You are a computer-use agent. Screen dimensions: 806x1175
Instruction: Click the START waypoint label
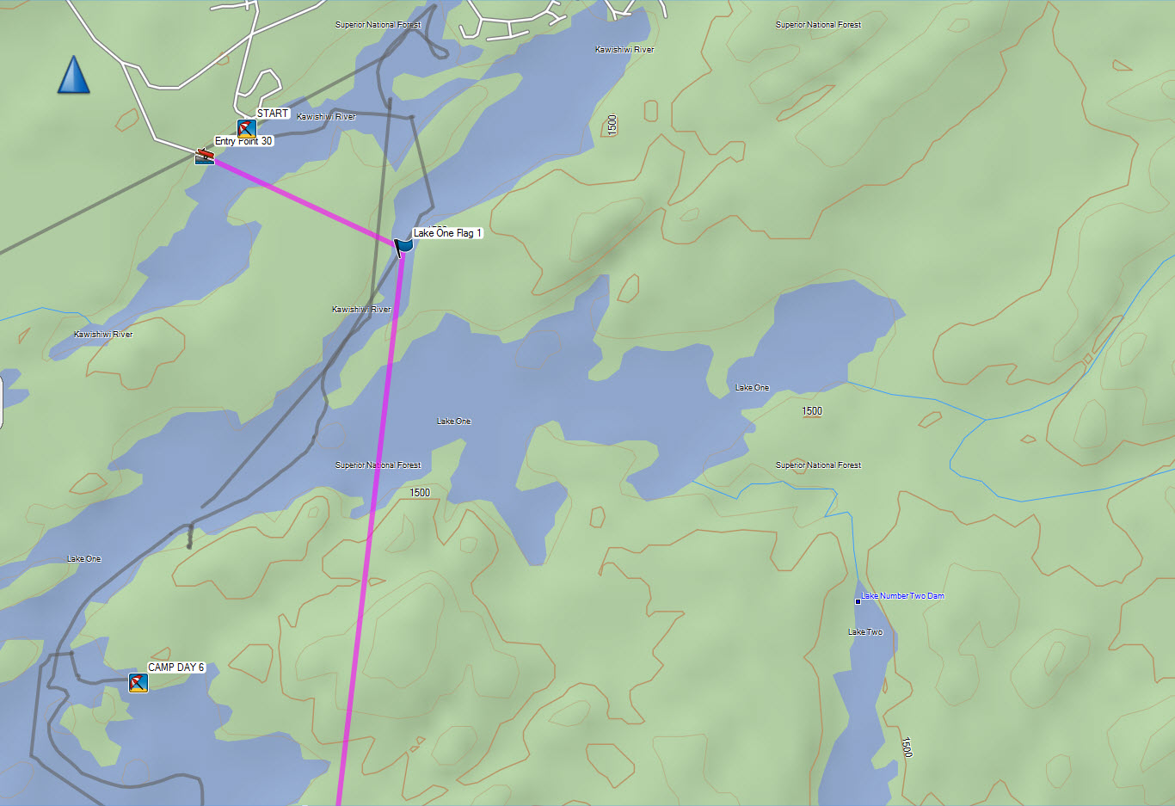point(273,114)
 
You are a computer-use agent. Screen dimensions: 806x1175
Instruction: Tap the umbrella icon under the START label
point(247,129)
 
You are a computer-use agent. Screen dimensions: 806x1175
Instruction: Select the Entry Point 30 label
point(243,141)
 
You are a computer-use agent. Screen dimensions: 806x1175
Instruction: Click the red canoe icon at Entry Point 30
point(204,156)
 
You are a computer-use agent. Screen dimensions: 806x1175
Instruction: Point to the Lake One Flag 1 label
point(447,233)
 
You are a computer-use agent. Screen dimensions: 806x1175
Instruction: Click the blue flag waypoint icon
point(403,247)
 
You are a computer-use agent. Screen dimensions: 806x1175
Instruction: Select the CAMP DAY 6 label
point(176,668)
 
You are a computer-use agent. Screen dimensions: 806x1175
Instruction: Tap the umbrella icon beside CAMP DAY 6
point(138,683)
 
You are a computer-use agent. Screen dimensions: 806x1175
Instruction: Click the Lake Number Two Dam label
point(902,596)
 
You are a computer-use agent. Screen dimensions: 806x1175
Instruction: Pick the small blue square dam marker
point(858,601)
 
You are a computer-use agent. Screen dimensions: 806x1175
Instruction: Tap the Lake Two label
point(865,632)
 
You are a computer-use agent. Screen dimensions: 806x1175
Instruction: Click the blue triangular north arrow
point(74,76)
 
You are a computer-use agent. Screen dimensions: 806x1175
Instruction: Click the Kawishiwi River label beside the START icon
point(326,117)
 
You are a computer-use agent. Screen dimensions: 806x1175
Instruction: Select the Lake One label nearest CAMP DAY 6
point(84,559)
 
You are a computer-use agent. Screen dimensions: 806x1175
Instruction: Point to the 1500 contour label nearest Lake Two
point(907,747)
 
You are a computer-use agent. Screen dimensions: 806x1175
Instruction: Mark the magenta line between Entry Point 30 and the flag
point(301,199)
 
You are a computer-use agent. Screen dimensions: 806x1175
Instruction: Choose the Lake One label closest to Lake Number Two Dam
point(753,388)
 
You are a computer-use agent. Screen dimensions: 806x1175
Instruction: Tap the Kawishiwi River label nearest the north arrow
point(103,335)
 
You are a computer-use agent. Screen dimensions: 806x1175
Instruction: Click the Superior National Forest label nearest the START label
point(378,25)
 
